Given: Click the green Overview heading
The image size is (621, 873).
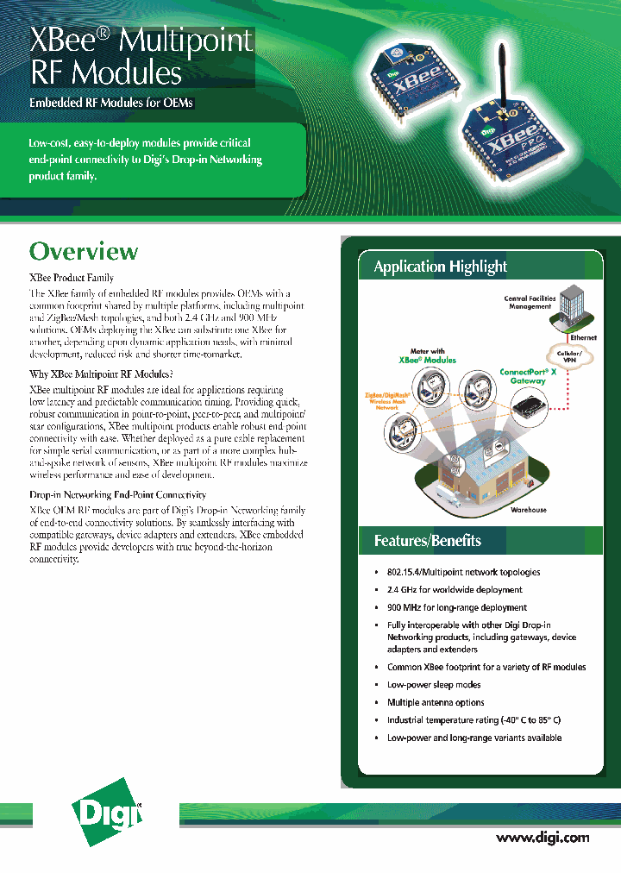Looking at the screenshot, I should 84,252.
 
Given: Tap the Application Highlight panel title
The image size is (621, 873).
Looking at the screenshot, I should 440,267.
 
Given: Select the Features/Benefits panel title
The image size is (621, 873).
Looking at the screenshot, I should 427,541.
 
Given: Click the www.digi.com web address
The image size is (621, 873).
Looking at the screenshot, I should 543,837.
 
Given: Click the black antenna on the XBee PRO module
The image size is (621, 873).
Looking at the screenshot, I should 500,79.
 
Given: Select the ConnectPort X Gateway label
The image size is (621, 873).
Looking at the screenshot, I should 528,376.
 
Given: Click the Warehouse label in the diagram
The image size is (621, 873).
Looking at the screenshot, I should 528,510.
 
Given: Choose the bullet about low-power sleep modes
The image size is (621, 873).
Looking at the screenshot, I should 434,685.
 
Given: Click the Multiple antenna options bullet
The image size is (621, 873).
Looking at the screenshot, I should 436,702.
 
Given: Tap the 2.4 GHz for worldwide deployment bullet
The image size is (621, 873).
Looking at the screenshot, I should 455,590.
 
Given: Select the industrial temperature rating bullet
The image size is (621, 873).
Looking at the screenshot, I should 474,719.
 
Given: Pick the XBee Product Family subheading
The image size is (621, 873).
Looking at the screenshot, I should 72,278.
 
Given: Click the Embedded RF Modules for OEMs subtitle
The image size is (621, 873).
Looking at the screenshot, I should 112,104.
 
